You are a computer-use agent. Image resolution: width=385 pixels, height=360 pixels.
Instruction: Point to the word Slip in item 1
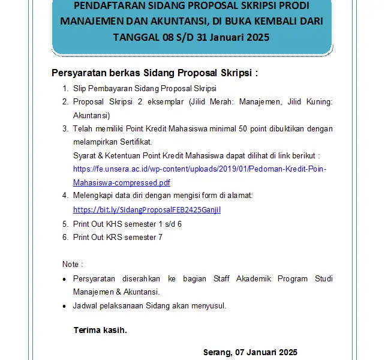[x=80, y=89]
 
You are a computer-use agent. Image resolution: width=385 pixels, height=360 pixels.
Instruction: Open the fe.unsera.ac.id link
[x=200, y=169]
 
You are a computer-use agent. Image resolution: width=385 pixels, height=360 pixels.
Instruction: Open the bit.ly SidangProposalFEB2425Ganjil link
[x=147, y=210]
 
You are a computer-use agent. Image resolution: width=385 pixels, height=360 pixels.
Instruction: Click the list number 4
[x=65, y=196]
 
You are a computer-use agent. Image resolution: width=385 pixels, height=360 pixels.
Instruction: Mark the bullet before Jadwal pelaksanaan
[x=65, y=306]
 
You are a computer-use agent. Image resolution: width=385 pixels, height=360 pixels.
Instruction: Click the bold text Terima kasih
[x=100, y=330]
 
